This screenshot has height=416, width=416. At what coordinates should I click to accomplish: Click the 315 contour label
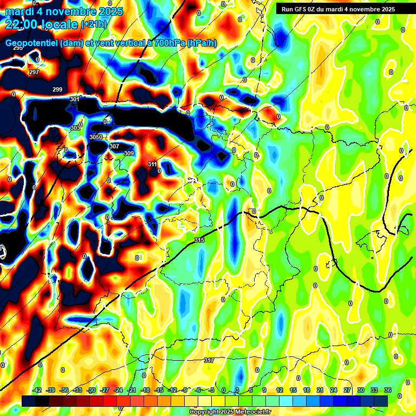[199, 240]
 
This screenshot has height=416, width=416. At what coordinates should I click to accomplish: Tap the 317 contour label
[209, 360]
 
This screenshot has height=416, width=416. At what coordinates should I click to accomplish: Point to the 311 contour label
[152, 164]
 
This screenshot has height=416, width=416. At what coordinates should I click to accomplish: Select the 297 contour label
[34, 72]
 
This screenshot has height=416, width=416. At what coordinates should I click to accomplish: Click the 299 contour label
[57, 89]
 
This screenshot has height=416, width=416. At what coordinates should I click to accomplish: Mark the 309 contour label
[128, 154]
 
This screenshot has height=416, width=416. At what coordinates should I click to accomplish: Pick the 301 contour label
[75, 100]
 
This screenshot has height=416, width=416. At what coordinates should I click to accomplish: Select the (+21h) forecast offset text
[94, 24]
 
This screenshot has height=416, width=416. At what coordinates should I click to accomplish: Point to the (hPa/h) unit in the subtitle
[201, 43]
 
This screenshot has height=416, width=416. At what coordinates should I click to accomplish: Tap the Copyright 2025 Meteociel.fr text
[230, 412]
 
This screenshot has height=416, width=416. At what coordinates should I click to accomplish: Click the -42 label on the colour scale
[37, 390]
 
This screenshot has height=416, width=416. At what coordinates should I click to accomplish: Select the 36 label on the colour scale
[388, 390]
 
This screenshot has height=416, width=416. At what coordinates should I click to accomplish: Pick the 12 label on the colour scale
[279, 390]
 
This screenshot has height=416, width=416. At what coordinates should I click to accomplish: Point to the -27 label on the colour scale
[105, 390]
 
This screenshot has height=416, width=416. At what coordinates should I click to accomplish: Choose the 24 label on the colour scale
[334, 390]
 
